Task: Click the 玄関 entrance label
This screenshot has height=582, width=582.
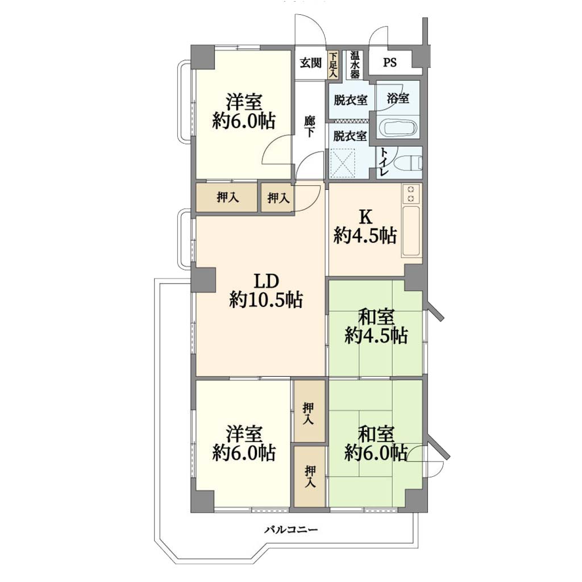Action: tap(311, 63)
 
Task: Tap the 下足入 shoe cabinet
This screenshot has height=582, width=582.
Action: tap(333, 65)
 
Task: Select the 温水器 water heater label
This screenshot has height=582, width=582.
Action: tap(355, 65)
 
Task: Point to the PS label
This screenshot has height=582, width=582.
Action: tap(390, 63)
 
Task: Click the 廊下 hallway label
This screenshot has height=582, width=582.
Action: tap(309, 127)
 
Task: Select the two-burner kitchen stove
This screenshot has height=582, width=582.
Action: tap(411, 194)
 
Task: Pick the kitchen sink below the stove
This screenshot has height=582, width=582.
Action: tap(411, 231)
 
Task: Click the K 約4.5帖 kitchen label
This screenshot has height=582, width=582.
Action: tap(365, 227)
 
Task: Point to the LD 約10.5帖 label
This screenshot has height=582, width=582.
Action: tap(266, 291)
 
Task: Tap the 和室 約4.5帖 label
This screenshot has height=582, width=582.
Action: tap(376, 327)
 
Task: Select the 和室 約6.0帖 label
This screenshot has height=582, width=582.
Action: tap(376, 444)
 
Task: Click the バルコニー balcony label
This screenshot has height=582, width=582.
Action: tap(291, 529)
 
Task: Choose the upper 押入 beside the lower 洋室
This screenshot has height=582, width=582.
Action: tap(309, 411)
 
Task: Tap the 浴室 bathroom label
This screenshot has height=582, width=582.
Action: tap(398, 98)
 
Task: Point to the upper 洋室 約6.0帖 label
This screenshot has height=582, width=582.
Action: tap(244, 111)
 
